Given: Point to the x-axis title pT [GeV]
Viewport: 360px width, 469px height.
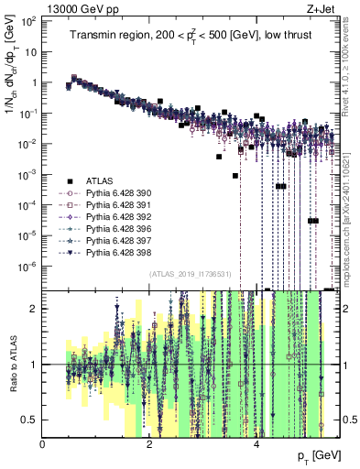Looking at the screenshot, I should coord(320,454).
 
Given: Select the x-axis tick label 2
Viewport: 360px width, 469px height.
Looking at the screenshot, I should coord(150,442).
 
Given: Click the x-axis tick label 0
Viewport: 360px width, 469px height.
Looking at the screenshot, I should coord(43,442).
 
